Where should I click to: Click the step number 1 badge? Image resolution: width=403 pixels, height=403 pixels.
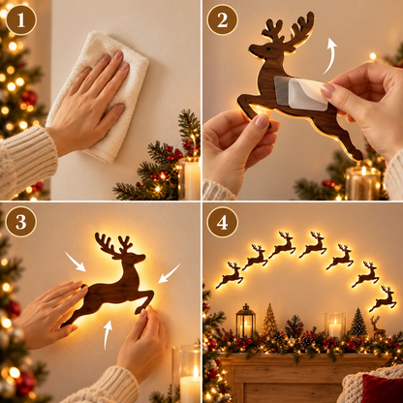[x=21, y=19]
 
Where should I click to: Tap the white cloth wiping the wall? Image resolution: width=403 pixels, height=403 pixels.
[x=97, y=97]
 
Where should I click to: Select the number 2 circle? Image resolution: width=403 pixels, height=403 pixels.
[x=222, y=20]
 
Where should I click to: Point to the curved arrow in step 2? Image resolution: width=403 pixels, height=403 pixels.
[x=331, y=55]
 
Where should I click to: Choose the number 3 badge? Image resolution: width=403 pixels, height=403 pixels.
[x=21, y=222]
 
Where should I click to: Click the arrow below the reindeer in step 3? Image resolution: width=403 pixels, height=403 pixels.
[x=108, y=334]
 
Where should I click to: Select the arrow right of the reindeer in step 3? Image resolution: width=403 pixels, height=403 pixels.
[x=169, y=273]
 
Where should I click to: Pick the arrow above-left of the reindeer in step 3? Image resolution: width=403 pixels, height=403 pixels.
[x=76, y=262]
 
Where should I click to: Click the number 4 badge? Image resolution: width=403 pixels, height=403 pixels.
[x=222, y=222]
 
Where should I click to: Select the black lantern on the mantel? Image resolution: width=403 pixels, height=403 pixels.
[x=246, y=321]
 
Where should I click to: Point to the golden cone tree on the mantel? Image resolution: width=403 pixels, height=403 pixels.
[x=269, y=321]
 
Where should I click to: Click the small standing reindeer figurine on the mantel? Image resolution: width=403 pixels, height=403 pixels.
[x=377, y=327]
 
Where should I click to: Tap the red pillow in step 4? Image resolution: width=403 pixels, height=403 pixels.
[x=383, y=388]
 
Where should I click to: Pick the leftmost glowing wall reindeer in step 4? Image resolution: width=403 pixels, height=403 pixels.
[x=231, y=275]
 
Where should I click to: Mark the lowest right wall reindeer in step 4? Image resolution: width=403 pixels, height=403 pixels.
[x=384, y=298]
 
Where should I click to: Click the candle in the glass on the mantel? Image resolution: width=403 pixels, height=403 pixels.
[x=335, y=325]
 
